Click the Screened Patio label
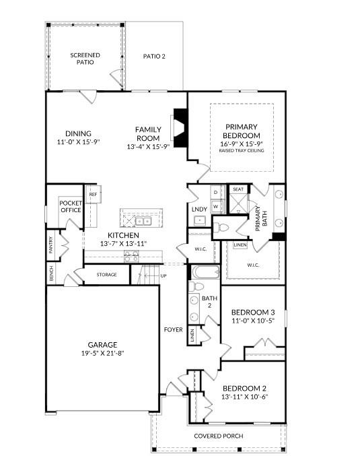click(x=85, y=57)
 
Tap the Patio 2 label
click(x=153, y=57)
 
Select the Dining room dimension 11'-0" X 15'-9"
click(x=79, y=143)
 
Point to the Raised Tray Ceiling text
click(x=242, y=150)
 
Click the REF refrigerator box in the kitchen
click(x=93, y=195)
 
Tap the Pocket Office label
click(x=71, y=206)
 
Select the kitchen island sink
click(x=143, y=220)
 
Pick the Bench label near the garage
click(x=51, y=273)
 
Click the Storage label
click(x=106, y=275)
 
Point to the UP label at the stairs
click(x=163, y=275)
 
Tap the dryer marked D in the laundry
click(x=215, y=193)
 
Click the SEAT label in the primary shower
click(x=238, y=190)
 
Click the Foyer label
click(x=174, y=329)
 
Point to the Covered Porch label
click(x=219, y=436)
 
